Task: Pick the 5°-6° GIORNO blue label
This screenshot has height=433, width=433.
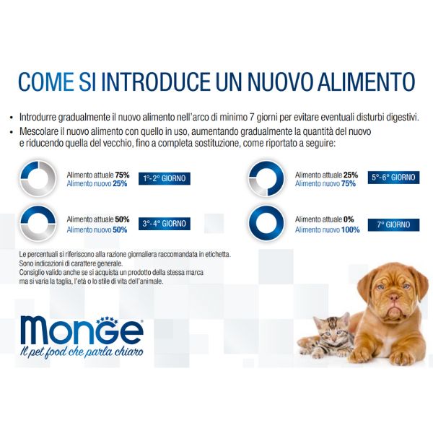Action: pos(393,176)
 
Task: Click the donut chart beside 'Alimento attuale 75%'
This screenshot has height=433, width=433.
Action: pos(39,178)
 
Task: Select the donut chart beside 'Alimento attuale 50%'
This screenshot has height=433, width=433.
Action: pos(39,224)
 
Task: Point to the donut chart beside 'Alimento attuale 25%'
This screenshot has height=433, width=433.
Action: pos(267,178)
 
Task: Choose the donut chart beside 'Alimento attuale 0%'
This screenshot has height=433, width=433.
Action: pos(267,224)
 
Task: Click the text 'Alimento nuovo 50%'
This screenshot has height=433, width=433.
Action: pos(97,229)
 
